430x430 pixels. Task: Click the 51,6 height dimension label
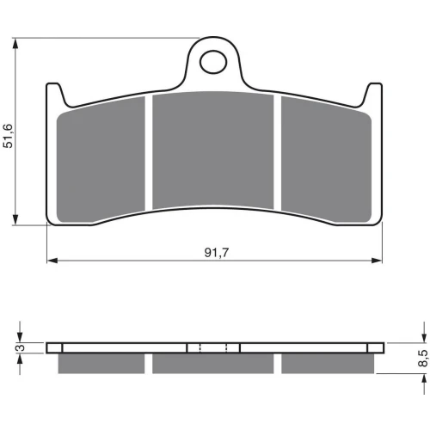tap(9, 136)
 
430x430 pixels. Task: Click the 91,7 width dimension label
tap(217, 253)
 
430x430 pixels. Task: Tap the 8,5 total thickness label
tap(423, 358)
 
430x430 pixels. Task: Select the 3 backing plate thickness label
tap(21, 347)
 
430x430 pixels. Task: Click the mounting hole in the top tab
tap(213, 62)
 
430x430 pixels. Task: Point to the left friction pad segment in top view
tap(101, 160)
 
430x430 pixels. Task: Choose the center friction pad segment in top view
tap(212, 150)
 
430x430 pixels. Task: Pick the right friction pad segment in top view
tap(326, 160)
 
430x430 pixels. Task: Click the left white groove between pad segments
tap(149, 153)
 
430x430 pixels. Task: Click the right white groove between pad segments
tap(277, 152)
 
